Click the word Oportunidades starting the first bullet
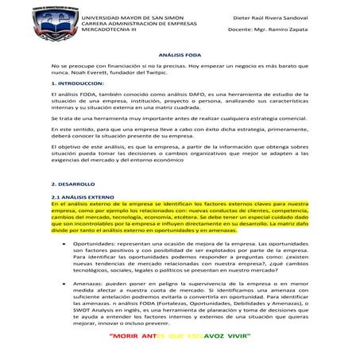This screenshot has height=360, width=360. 92,243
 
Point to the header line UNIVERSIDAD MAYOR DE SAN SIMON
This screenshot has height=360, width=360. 132,17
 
